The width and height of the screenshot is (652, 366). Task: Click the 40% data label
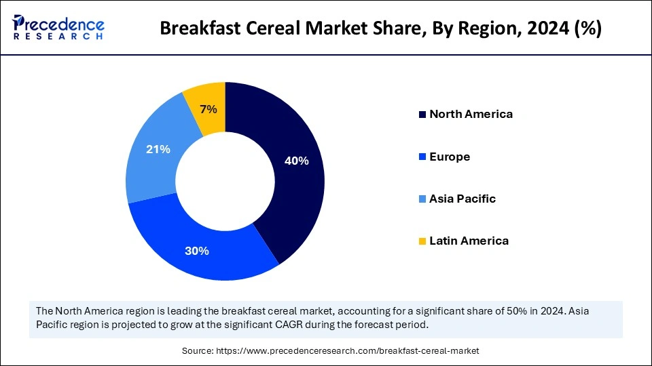[296, 161]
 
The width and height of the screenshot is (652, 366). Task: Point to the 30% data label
[196, 251]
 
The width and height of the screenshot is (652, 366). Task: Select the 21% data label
[158, 149]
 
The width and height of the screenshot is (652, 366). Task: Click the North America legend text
[471, 114]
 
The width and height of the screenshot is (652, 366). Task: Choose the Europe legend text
[449, 157]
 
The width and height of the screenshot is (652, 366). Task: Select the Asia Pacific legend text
[462, 199]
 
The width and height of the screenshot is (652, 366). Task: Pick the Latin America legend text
[469, 241]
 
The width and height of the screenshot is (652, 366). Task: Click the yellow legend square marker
[422, 241]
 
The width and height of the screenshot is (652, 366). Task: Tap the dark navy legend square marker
[422, 115]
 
